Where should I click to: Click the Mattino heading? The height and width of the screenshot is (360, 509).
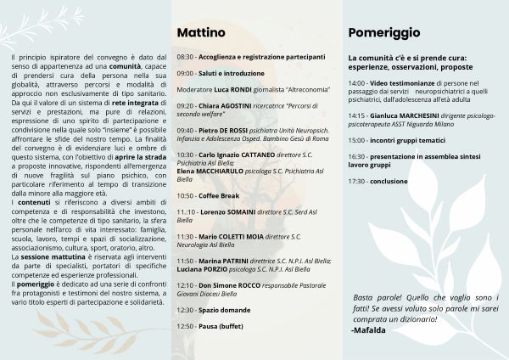pos(201,32)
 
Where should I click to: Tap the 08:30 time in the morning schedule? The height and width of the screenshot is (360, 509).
pos(185,56)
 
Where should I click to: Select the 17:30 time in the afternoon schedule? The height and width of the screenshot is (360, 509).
pos(356,181)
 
